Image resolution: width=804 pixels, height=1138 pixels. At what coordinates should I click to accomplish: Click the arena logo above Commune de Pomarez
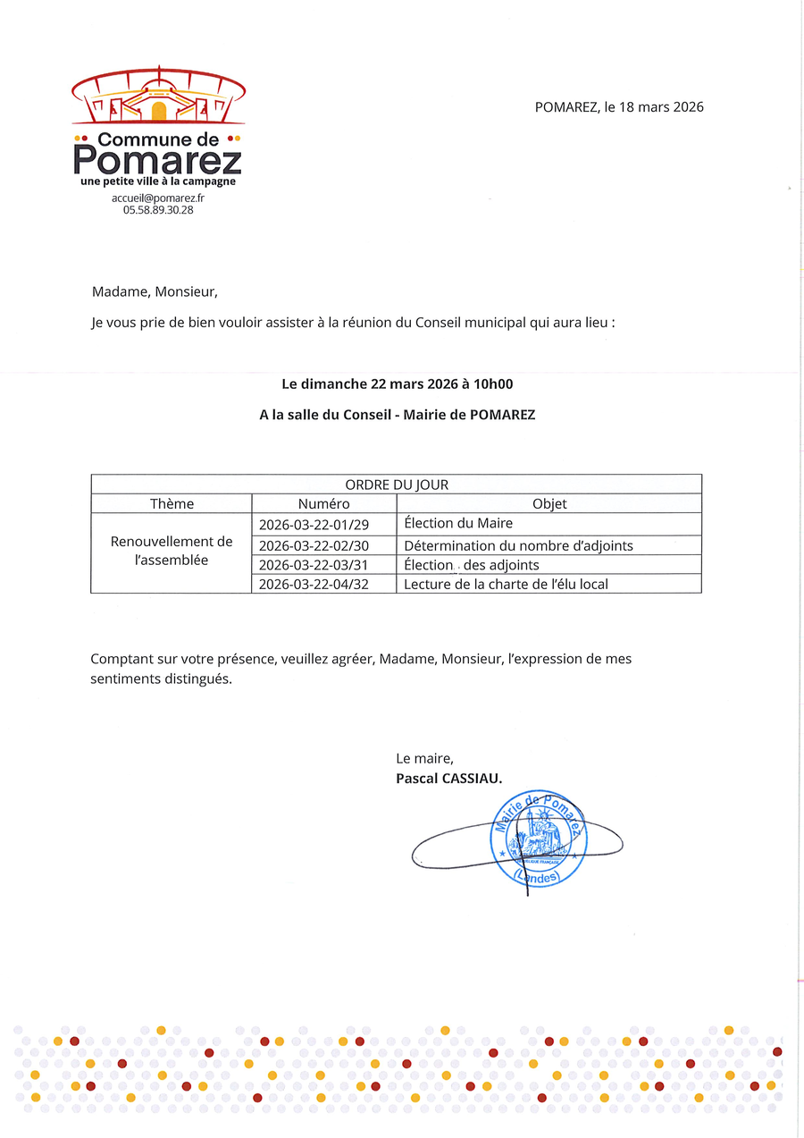(x=158, y=97)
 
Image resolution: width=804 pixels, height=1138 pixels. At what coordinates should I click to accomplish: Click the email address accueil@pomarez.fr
(x=158, y=198)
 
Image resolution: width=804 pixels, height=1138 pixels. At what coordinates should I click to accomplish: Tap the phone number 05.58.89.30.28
(x=158, y=210)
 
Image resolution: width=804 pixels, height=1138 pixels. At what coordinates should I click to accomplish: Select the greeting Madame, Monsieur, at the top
(x=155, y=291)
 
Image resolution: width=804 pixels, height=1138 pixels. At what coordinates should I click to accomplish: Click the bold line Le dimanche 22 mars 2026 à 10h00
(x=397, y=384)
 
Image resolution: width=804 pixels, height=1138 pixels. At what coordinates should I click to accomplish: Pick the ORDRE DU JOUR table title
(x=397, y=485)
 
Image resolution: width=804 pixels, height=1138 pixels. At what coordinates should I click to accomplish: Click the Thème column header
(x=172, y=503)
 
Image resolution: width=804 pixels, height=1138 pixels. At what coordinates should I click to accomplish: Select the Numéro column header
(x=323, y=503)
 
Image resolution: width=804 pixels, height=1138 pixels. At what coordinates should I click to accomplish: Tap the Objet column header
(x=549, y=503)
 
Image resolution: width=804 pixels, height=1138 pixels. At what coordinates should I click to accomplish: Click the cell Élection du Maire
(x=458, y=523)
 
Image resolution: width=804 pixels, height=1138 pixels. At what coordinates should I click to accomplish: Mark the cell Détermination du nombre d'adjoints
(x=519, y=545)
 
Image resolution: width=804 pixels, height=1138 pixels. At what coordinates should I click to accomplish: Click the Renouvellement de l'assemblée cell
(x=172, y=551)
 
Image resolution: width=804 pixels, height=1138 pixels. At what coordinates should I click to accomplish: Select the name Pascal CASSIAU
(x=449, y=779)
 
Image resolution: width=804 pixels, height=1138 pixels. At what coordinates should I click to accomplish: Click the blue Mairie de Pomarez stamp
(x=538, y=841)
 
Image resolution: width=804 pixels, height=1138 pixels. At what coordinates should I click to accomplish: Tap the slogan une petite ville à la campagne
(x=158, y=181)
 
